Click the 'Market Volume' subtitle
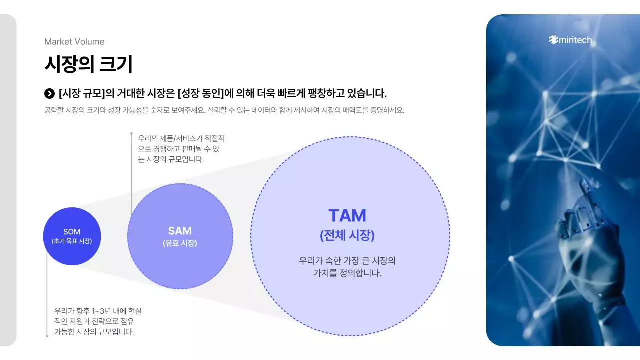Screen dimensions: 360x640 tap(74, 42)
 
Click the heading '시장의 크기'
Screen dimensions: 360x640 tap(88, 64)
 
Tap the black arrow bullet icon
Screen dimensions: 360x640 tap(49, 93)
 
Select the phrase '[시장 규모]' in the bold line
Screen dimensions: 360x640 tap(82, 93)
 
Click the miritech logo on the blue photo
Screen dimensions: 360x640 tap(570, 40)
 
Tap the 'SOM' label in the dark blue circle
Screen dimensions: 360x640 tap(72, 232)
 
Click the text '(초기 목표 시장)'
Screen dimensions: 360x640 tap(72, 241)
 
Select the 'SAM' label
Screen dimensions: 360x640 tap(180, 231)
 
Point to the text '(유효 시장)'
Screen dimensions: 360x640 tap(180, 243)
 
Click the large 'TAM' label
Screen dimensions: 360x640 tap(347, 216)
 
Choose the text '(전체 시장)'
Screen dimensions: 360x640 tap(347, 235)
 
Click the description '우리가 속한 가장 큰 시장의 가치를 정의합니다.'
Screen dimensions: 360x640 tap(347, 267)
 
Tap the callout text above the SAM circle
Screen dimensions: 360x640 tap(181, 149)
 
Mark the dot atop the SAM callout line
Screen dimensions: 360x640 tap(131, 134)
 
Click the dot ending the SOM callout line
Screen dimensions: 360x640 tap(47, 336)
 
